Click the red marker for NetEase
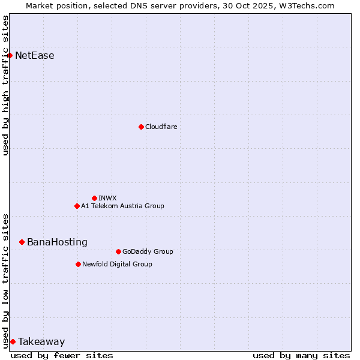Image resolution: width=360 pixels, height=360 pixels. tap(10, 56)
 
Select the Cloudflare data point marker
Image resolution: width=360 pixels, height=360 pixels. tap(141, 127)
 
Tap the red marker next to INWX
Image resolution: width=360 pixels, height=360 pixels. tap(94, 198)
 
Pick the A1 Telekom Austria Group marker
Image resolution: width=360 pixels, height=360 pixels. tap(77, 206)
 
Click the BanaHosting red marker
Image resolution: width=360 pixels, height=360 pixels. tap(22, 242)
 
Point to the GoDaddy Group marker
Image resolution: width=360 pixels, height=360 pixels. tap(118, 251)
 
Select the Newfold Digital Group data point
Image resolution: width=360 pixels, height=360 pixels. tap(78, 264)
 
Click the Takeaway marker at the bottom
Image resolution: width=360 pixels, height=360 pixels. tap(13, 341)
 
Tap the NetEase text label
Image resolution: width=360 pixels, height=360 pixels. tap(34, 56)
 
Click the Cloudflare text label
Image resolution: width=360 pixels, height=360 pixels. tap(161, 127)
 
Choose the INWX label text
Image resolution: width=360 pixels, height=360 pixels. tap(107, 198)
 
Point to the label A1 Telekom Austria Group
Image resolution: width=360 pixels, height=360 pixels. tap(122, 206)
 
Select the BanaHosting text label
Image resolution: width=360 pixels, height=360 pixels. tap(57, 242)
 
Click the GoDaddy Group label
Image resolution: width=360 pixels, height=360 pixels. tap(148, 251)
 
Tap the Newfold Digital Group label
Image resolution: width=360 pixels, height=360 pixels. tap(117, 264)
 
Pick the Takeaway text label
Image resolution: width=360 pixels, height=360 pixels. tap(41, 341)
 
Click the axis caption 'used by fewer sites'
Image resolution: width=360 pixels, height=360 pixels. tap(62, 355)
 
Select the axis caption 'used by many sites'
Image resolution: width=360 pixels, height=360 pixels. tap(301, 355)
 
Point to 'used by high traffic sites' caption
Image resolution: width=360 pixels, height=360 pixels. tap(6, 85)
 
